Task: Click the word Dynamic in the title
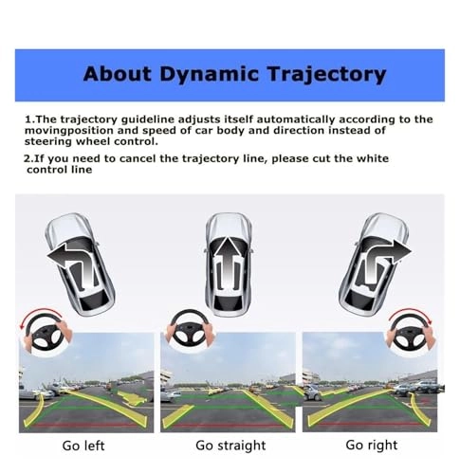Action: (209, 75)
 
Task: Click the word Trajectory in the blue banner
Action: (326, 75)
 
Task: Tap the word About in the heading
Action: (117, 74)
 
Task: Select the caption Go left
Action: (83, 446)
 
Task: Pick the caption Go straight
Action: (230, 446)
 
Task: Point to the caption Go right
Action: (372, 446)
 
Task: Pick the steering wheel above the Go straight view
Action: (190, 329)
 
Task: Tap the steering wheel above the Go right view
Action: (411, 332)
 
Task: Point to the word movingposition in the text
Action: (69, 131)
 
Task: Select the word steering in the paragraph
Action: (48, 142)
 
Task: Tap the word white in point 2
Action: (373, 158)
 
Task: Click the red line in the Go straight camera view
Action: (228, 426)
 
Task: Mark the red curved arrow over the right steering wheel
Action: (410, 315)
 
